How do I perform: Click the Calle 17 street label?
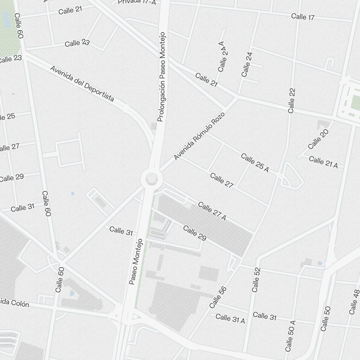click(303, 17)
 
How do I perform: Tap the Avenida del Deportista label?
click(82, 84)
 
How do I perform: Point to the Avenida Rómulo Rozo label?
click(199, 136)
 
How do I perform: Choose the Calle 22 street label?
click(292, 100)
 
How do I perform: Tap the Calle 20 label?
click(319, 139)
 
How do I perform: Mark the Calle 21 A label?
click(323, 162)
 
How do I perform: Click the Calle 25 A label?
click(255, 162)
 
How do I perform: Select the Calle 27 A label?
click(212, 211)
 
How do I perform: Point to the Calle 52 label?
click(256, 279)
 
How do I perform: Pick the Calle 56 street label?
click(217, 297)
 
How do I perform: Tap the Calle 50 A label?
click(290, 336)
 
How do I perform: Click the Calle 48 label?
click(354, 302)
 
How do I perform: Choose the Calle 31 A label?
click(230, 318)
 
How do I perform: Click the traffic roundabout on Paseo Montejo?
click(151, 179)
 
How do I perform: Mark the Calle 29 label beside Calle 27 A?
click(194, 233)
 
